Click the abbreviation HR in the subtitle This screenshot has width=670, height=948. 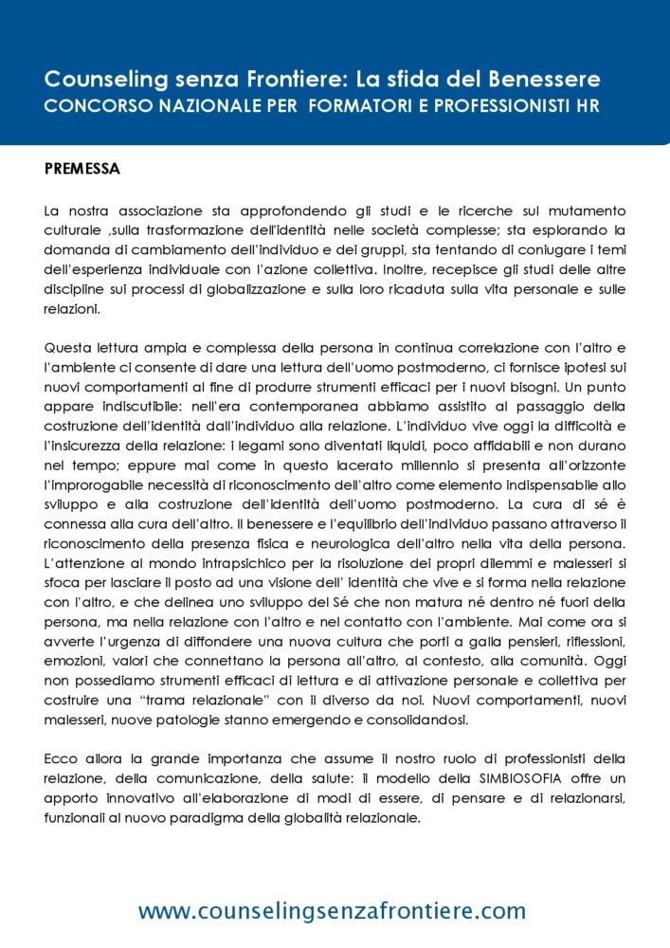click(587, 104)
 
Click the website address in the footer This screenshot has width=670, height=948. click(332, 911)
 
